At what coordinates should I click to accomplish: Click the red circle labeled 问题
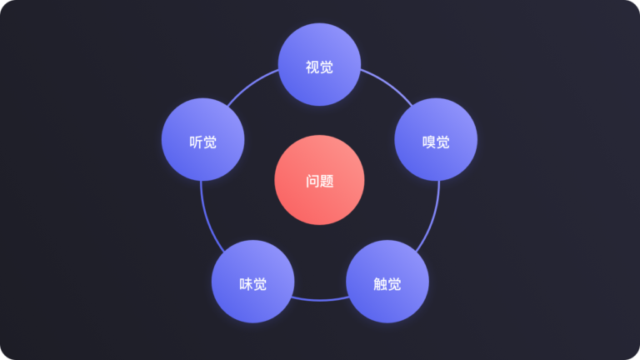[320, 180]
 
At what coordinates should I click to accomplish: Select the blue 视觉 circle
[320, 64]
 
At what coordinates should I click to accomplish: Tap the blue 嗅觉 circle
[436, 140]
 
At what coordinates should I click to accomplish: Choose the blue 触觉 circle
[387, 282]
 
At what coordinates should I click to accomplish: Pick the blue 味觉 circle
[253, 282]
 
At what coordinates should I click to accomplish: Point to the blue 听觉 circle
[202, 140]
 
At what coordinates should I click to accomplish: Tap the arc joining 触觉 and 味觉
[320, 300]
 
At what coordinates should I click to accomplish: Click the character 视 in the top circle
[312, 67]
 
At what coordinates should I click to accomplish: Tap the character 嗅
[429, 142]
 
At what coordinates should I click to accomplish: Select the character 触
[380, 284]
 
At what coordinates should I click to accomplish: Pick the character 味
[246, 284]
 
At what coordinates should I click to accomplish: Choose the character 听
[196, 142]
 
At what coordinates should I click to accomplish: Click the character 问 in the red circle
[312, 182]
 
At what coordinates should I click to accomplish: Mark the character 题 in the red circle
[327, 182]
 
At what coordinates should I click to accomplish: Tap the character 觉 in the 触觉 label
[395, 284]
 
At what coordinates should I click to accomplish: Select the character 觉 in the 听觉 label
[210, 142]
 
